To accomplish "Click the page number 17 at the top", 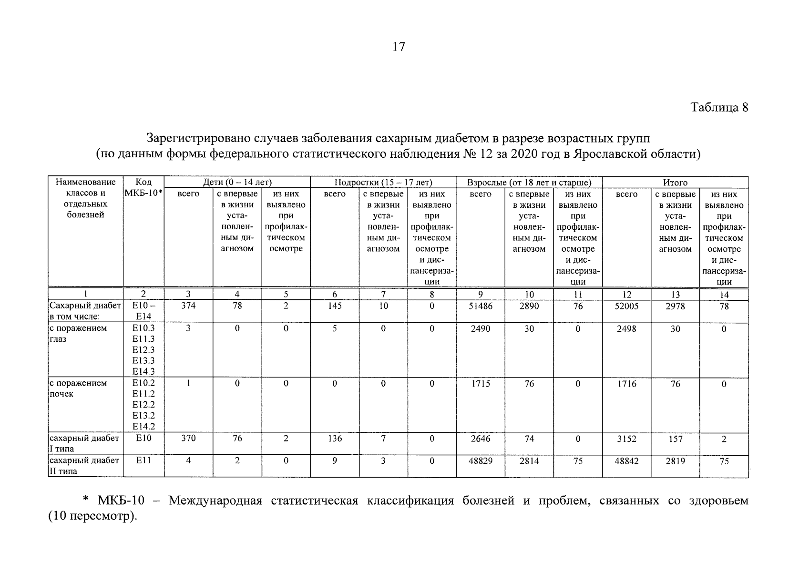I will (399, 47).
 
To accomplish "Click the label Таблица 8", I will (719, 108).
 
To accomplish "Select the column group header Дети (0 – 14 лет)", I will (237, 183).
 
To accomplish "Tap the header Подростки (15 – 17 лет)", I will (383, 183).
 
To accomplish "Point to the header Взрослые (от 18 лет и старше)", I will (529, 183).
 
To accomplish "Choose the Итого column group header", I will (675, 183).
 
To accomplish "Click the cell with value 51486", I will (480, 306).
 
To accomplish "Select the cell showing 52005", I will (626, 306).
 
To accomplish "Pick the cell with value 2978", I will (675, 306).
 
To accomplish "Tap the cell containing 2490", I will (480, 328).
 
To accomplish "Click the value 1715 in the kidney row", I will (480, 384).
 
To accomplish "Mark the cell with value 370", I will (188, 439).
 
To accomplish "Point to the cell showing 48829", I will (480, 461).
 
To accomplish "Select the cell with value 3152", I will (626, 439).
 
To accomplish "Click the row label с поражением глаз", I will (78, 334).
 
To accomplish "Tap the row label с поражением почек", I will (78, 388).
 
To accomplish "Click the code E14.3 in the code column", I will (143, 372).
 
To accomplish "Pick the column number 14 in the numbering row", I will (724, 295).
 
